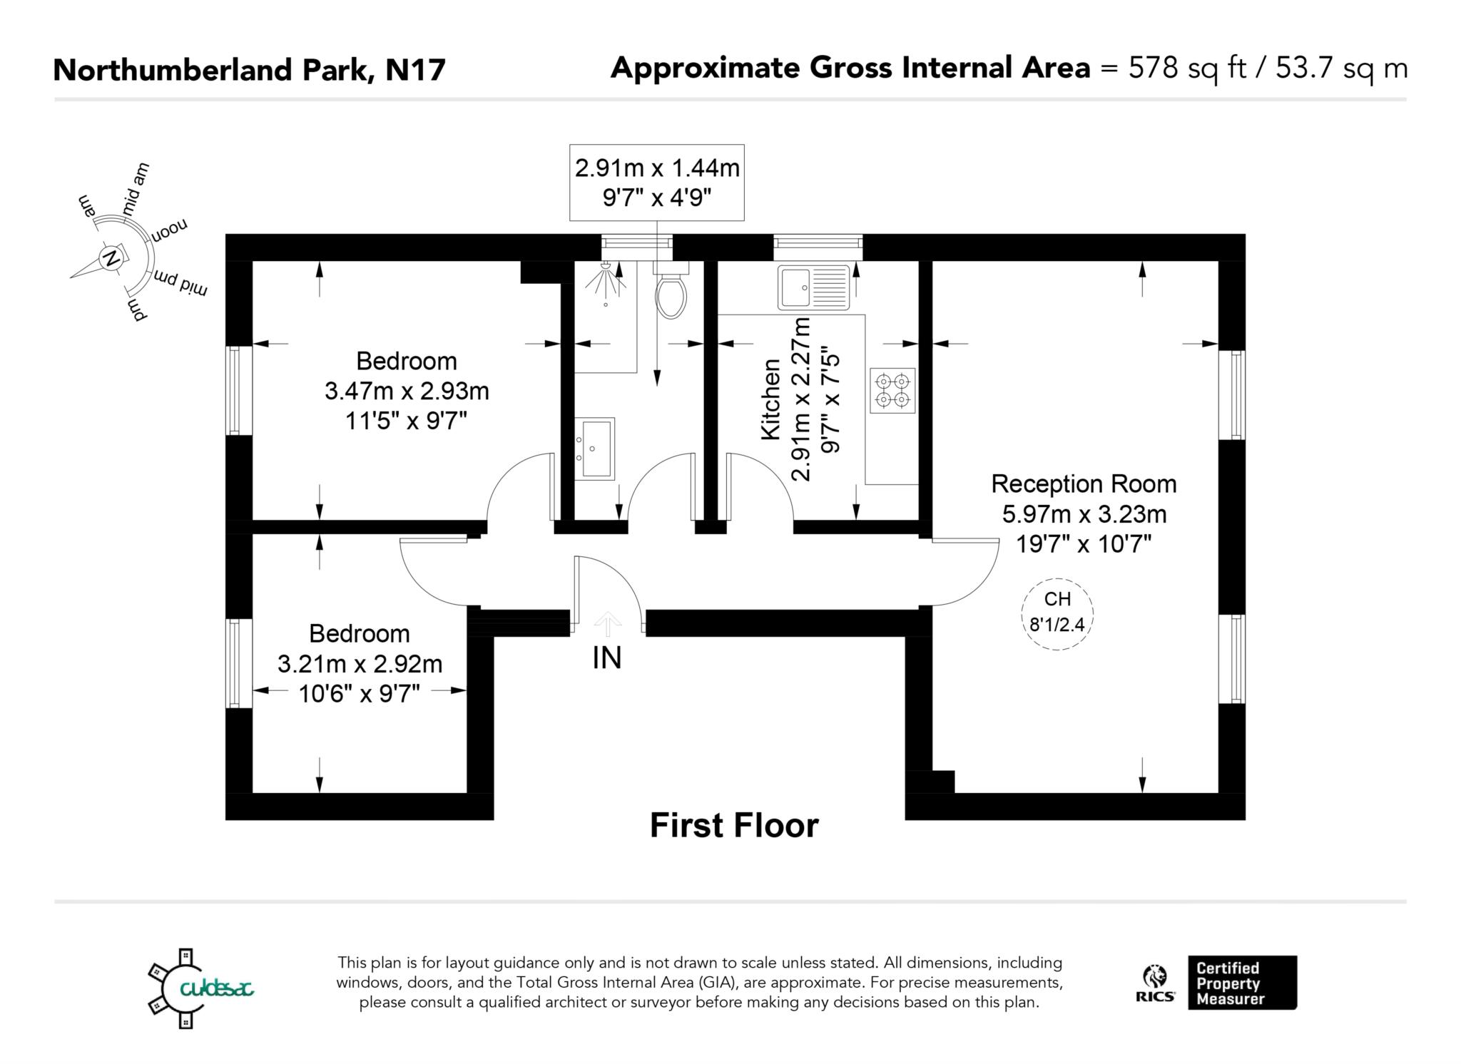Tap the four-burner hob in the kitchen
[892, 390]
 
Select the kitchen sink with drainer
[814, 287]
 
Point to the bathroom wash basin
[595, 449]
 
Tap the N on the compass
[111, 258]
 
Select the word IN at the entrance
[607, 658]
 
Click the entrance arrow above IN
[607, 623]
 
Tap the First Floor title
[734, 826]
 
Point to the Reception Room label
[1084, 484]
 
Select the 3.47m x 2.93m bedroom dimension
[407, 391]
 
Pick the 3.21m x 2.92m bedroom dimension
[360, 664]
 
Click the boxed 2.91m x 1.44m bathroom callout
[657, 183]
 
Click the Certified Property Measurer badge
[1242, 983]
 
